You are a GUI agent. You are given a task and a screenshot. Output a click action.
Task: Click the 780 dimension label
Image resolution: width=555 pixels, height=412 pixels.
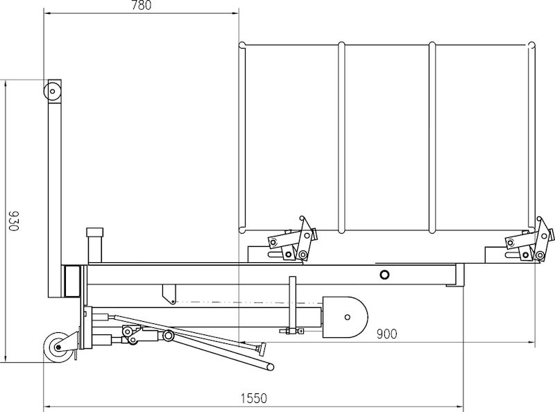tap(142, 5)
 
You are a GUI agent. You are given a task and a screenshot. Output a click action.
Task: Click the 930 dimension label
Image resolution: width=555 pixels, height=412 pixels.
tap(13, 221)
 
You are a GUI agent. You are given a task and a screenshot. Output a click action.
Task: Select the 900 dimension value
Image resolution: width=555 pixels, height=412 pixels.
tap(386, 334)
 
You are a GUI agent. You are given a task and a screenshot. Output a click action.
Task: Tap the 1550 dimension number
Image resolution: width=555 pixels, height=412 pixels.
tap(254, 399)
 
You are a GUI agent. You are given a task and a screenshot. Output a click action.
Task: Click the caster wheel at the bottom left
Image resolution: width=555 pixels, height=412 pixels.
tap(58, 347)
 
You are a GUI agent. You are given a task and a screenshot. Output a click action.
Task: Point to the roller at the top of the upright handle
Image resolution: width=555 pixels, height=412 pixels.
tap(53, 91)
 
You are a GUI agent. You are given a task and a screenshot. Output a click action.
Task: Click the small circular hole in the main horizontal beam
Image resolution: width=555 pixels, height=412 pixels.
tap(384, 274)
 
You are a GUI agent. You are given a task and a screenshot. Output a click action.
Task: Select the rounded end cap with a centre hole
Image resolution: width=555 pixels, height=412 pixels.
tap(345, 317)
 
